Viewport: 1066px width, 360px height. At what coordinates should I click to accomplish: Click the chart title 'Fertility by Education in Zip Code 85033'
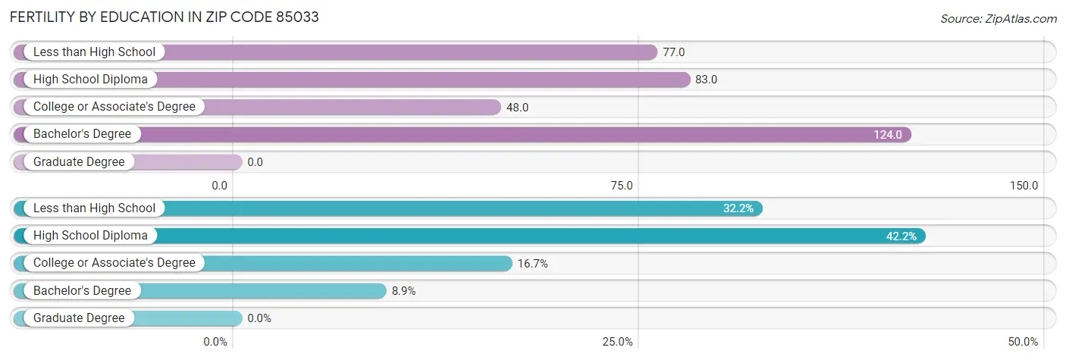pos(164,17)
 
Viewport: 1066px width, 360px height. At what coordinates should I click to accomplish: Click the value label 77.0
pos(674,52)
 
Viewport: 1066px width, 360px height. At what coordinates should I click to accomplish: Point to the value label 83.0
pos(707,80)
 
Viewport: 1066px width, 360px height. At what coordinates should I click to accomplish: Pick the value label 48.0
pos(517,108)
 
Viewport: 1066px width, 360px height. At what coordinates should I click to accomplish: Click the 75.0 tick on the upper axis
pos(622,185)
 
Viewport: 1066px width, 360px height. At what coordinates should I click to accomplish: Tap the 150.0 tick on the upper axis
pos(1024,185)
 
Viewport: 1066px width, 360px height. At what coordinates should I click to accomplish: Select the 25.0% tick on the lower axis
pos(618,342)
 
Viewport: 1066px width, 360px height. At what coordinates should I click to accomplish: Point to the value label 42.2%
pos(901,236)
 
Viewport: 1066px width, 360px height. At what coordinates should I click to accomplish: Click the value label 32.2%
pos(738,208)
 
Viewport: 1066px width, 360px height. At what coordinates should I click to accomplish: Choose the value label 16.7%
pos(532,264)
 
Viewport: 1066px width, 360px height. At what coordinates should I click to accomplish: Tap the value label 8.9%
pos(403,291)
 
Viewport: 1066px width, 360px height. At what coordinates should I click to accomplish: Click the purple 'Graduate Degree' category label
pos(79,161)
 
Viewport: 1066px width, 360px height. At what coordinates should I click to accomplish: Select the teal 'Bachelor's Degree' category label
pos(82,290)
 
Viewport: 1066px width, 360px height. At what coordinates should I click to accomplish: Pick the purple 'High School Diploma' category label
pos(90,80)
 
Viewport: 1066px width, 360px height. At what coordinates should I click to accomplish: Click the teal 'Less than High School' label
pos(94,208)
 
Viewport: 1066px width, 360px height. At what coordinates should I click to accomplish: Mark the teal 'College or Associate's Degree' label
pos(114,263)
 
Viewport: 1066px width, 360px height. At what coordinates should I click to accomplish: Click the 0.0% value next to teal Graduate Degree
pos(259,318)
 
